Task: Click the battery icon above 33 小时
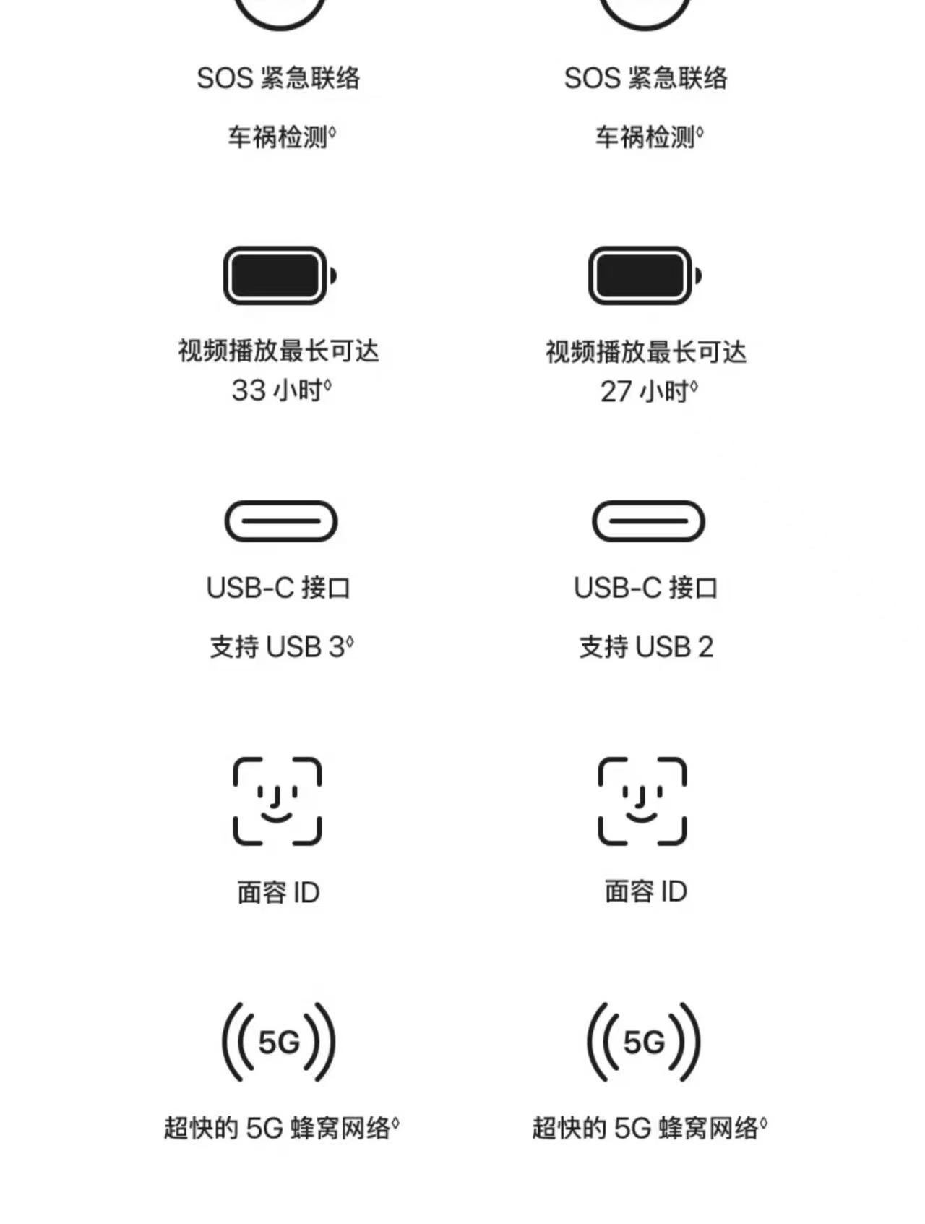[x=280, y=275]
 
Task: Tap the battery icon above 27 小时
[x=645, y=275]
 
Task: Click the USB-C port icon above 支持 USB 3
[x=281, y=521]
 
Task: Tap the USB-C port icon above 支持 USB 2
[x=648, y=521]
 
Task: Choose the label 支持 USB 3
[x=282, y=646]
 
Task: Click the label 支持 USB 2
[x=646, y=646]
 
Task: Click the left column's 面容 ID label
[x=278, y=893]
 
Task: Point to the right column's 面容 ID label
[x=646, y=891]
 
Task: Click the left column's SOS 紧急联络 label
[x=278, y=78]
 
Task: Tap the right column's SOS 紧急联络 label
[x=646, y=78]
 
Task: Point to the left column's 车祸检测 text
[x=283, y=137]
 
